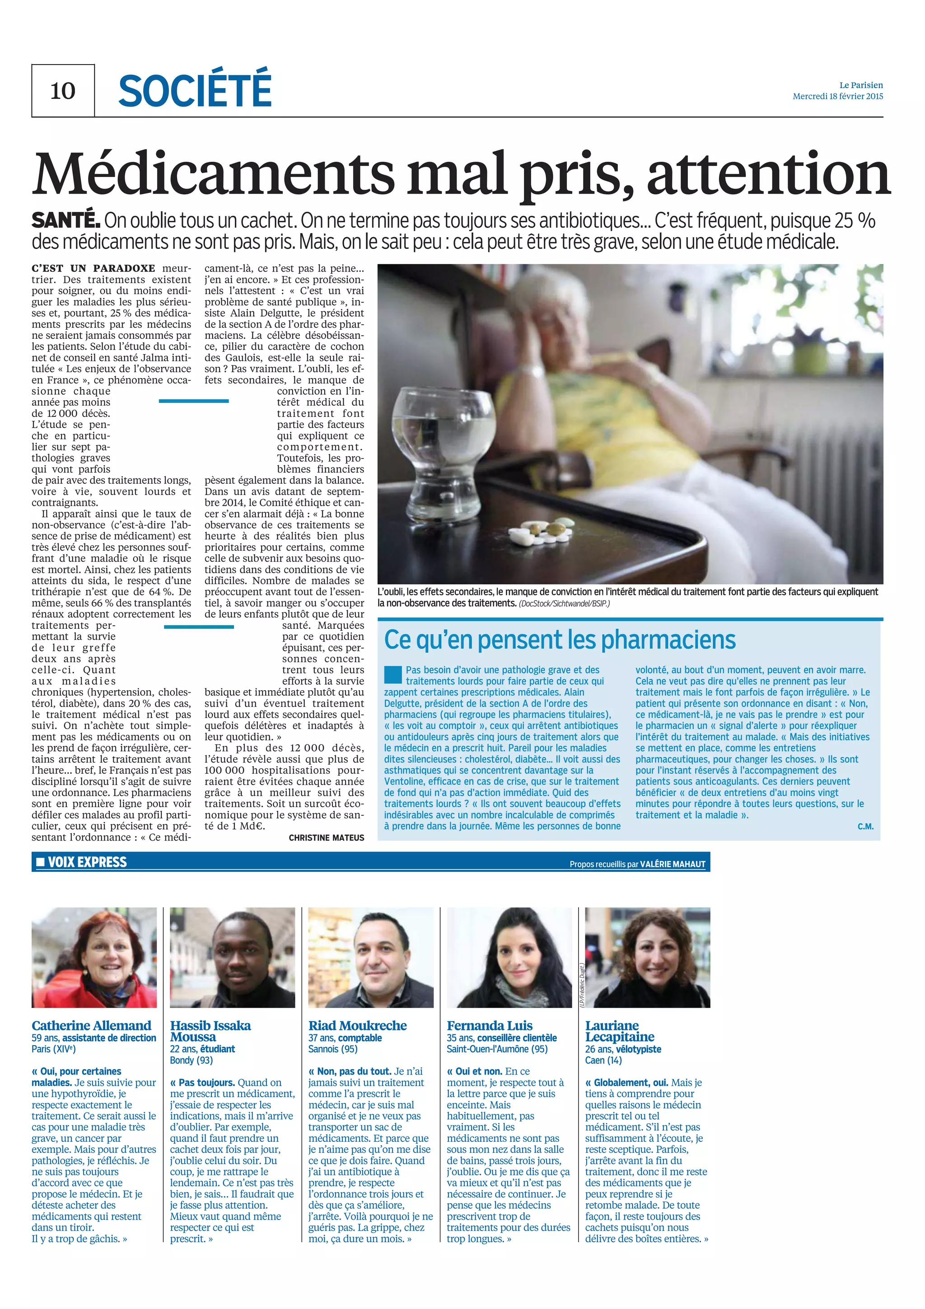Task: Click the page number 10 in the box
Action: coord(63,91)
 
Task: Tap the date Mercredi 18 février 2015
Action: coord(837,96)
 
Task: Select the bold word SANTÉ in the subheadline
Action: coord(65,220)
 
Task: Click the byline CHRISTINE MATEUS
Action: coord(326,837)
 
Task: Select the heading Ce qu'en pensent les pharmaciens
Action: coord(560,640)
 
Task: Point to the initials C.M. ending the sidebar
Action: coord(865,826)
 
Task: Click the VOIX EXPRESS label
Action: coord(87,862)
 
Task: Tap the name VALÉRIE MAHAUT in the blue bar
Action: coord(673,864)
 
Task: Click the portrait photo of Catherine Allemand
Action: coord(94,957)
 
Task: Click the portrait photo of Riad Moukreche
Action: coord(370,957)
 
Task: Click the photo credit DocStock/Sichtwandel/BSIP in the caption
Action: coord(564,603)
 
